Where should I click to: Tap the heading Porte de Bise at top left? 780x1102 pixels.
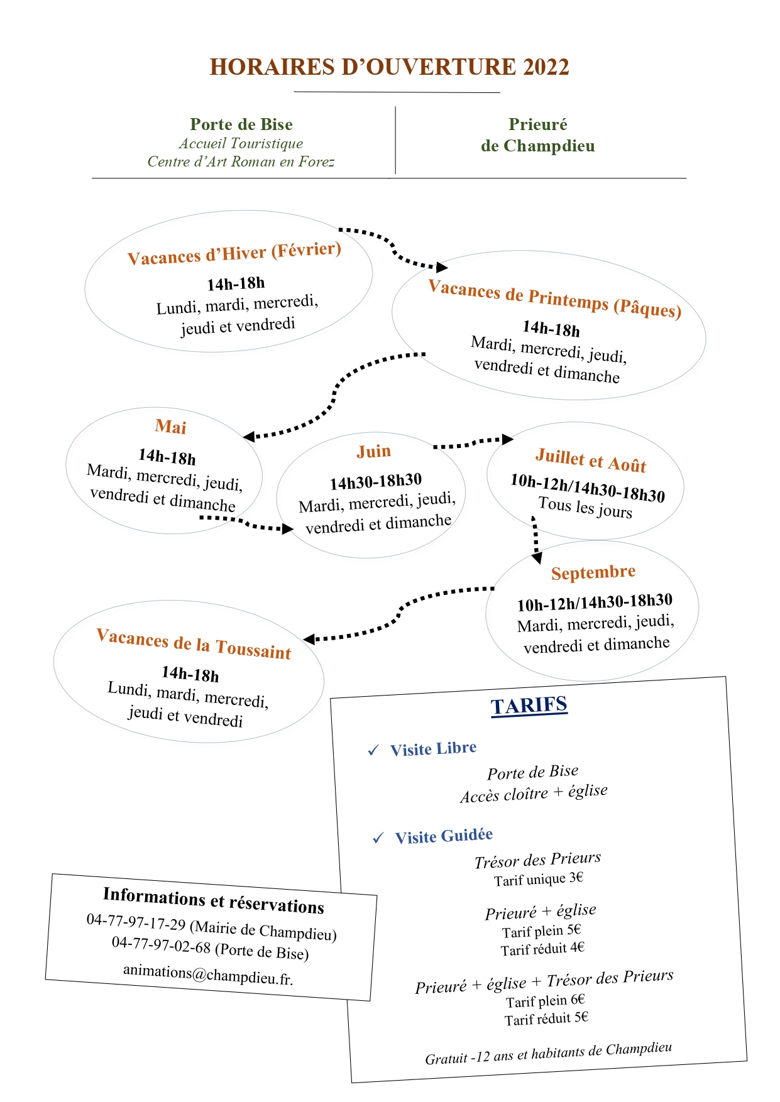[x=241, y=124]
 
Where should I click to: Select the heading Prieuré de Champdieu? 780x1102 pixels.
[x=538, y=135]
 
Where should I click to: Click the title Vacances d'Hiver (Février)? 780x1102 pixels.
[x=234, y=253]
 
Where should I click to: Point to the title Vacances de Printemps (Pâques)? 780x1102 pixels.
[x=555, y=298]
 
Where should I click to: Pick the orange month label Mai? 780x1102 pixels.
[x=171, y=427]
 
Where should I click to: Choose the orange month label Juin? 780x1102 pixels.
[x=374, y=451]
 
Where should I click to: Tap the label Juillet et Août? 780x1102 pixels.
[x=591, y=460]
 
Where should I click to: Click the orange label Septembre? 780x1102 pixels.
[x=593, y=572]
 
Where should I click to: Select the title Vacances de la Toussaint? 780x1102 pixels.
[x=194, y=644]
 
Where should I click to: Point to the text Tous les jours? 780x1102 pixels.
[x=585, y=508]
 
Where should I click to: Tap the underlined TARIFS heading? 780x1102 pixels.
[x=529, y=706]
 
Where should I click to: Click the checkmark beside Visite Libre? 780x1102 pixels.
[x=373, y=750]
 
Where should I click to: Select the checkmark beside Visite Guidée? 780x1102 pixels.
[x=378, y=837]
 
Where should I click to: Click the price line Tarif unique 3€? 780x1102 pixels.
[x=539, y=879]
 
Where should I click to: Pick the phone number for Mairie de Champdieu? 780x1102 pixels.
[x=136, y=922]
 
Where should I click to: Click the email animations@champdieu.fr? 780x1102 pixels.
[x=208, y=974]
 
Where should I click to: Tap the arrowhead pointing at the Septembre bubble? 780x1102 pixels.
[x=537, y=558]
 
